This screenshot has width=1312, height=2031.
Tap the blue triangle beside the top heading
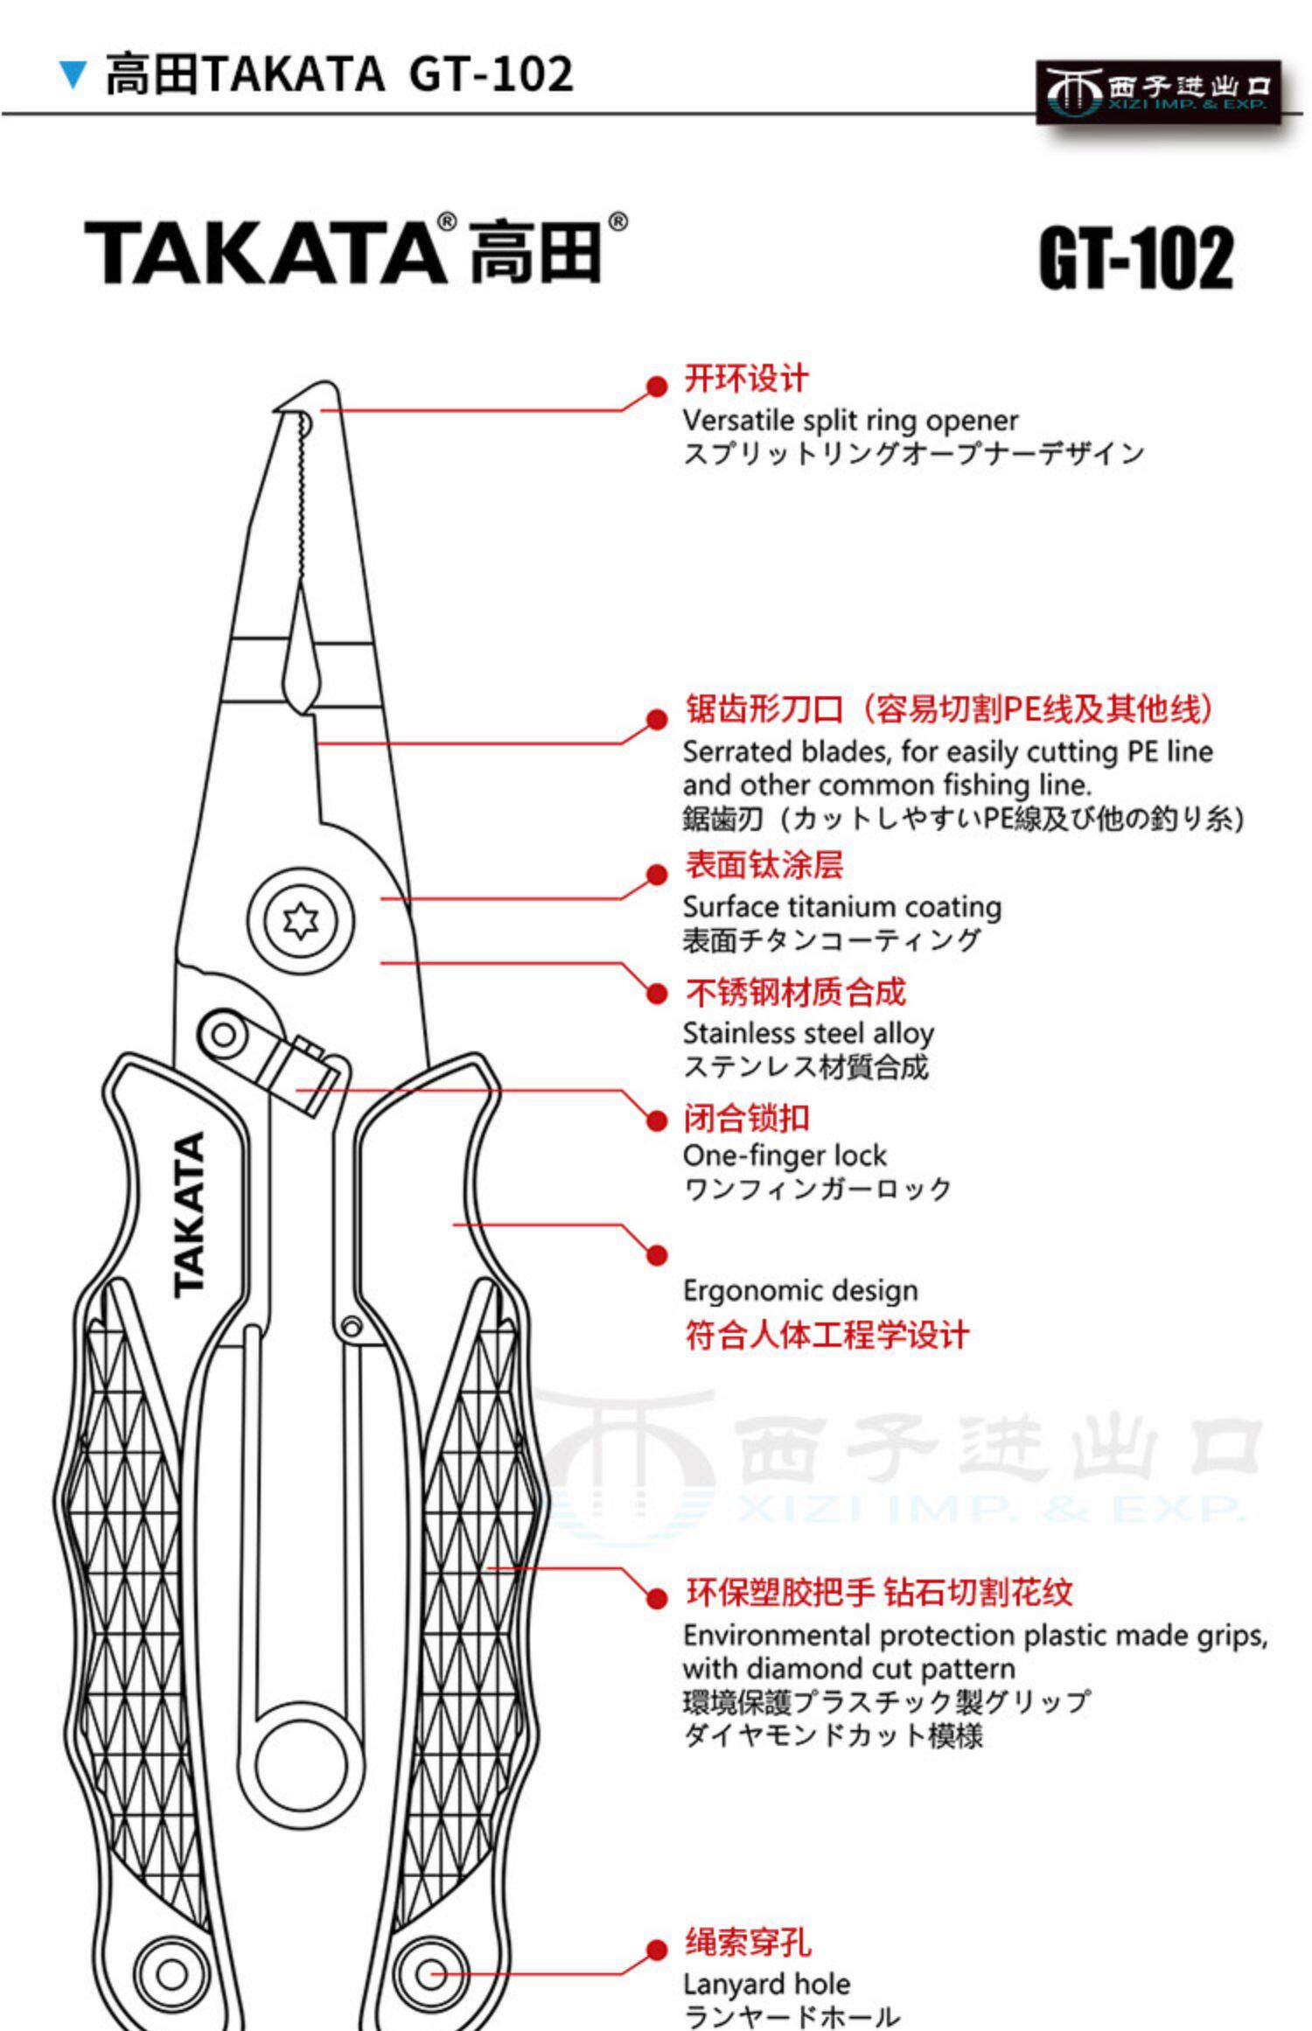(73, 75)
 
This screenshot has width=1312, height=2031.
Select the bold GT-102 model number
(1136, 258)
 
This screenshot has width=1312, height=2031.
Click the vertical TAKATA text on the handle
(190, 1215)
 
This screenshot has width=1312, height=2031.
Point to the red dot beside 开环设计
(657, 387)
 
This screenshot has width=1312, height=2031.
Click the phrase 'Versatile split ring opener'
(850, 421)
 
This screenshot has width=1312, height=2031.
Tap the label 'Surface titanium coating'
(841, 907)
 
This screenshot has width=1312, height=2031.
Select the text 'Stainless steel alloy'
(808, 1034)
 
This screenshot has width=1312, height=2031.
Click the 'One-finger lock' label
(785, 1155)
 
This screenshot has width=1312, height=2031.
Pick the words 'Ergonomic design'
(800, 1291)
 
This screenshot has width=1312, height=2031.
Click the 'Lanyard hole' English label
(766, 1985)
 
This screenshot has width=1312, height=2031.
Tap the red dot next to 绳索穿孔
(657, 1950)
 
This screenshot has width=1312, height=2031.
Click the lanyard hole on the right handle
(430, 1974)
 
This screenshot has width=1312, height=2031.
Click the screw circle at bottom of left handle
(171, 1974)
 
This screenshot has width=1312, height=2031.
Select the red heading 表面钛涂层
(764, 865)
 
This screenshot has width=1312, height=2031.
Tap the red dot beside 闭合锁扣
(657, 1120)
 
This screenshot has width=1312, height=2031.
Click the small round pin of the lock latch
(224, 1036)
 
